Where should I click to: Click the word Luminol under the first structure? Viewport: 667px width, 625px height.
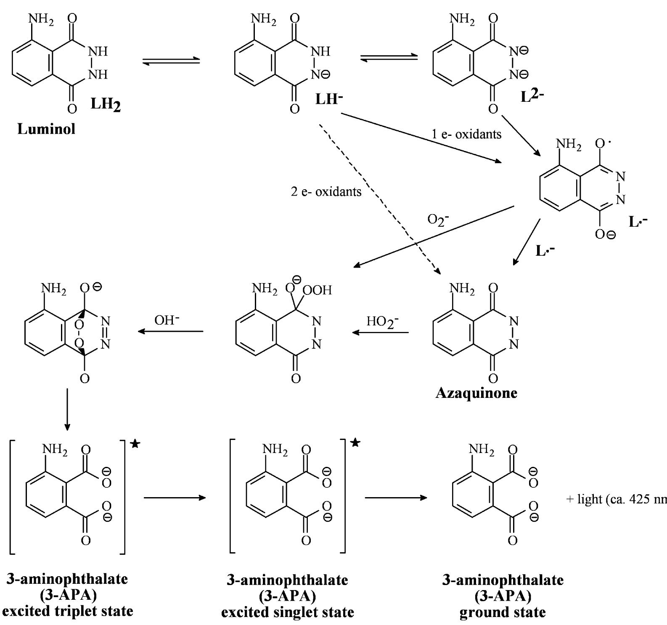click(x=46, y=129)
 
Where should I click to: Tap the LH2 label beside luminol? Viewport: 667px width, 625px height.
click(x=106, y=104)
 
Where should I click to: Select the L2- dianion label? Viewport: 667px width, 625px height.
click(x=532, y=96)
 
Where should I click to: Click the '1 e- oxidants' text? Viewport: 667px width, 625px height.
click(x=466, y=134)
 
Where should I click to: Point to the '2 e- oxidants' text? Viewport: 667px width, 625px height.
click(x=326, y=192)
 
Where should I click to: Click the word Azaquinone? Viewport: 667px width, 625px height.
click(x=476, y=393)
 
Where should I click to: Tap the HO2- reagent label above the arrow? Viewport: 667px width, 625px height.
click(x=382, y=322)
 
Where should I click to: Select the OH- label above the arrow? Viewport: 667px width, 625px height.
click(x=167, y=320)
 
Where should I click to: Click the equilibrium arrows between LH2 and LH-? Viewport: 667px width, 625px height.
click(x=171, y=62)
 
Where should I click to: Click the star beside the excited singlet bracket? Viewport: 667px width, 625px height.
click(x=356, y=442)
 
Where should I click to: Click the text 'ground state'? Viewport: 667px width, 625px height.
click(x=503, y=612)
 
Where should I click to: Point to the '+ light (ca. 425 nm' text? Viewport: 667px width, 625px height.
click(x=616, y=499)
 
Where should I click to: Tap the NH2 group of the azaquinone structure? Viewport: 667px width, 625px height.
click(x=462, y=289)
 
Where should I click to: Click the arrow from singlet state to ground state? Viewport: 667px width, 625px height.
click(x=395, y=498)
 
